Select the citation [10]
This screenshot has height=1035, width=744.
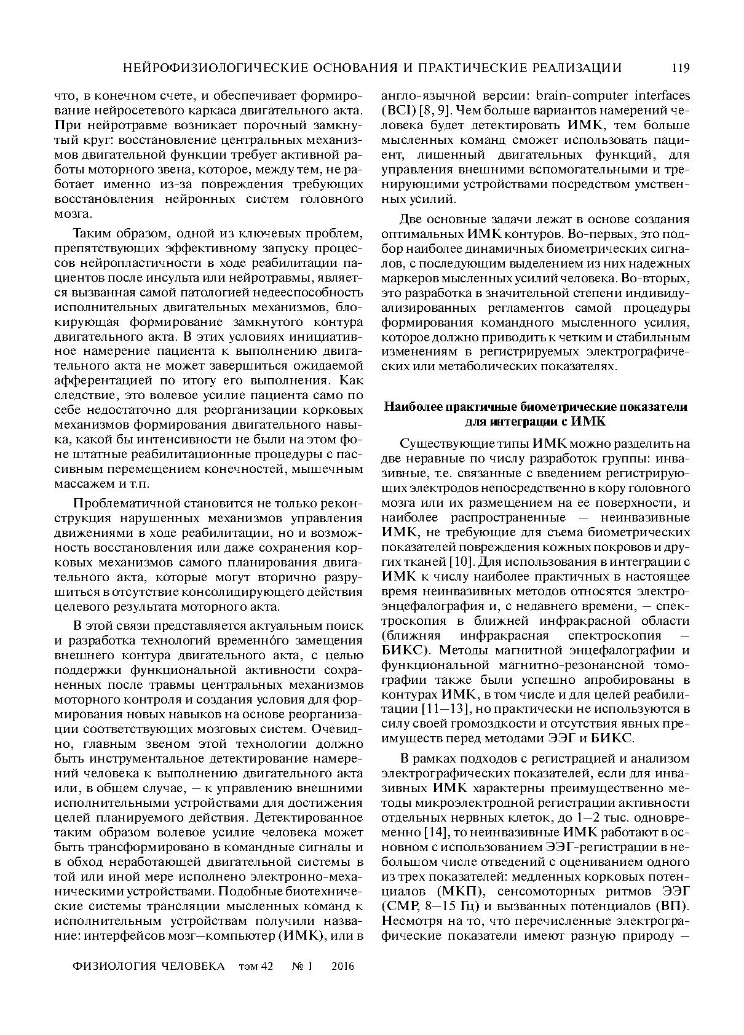tap(461, 561)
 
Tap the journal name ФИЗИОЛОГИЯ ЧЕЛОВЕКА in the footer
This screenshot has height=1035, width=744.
tap(148, 966)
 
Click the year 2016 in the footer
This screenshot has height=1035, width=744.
tap(342, 966)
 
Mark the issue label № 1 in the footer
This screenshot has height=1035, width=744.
tap(303, 966)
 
